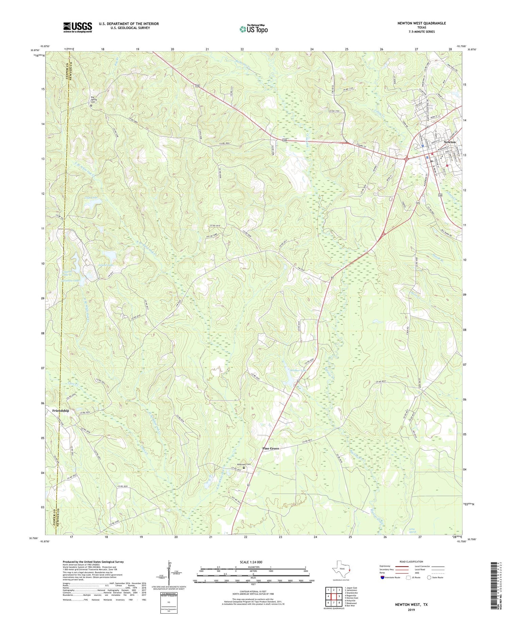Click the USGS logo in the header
coord(78,27)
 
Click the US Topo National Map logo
coord(253,29)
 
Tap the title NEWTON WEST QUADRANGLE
coord(419,23)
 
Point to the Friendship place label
coord(61,411)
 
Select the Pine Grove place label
coord(271,449)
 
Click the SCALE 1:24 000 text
coord(253,562)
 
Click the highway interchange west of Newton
coord(407,158)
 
